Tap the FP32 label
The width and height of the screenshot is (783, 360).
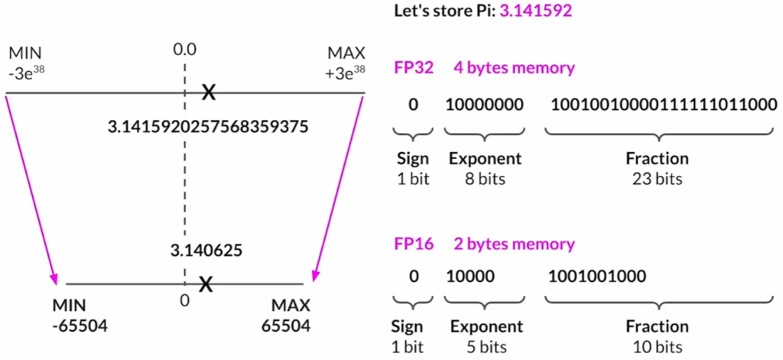pyautogui.click(x=414, y=67)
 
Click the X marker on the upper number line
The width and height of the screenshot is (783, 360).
pyautogui.click(x=207, y=93)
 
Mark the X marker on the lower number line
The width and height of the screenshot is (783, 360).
pyautogui.click(x=205, y=284)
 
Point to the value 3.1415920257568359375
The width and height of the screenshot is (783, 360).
pyautogui.click(x=208, y=126)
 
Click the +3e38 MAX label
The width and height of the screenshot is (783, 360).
pyautogui.click(x=346, y=62)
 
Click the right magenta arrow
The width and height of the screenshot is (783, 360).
pyautogui.click(x=336, y=187)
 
